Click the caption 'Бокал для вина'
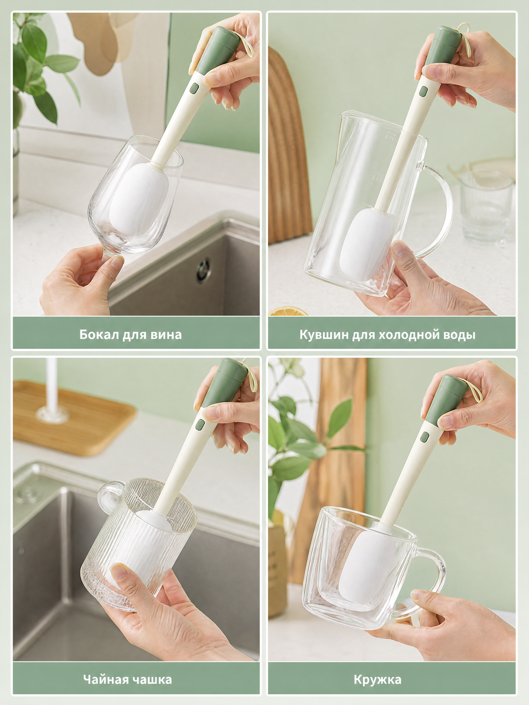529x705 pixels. point(131,335)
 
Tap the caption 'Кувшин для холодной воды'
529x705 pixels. point(387,335)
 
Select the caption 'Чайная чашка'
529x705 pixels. point(127,680)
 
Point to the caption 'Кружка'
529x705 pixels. point(378,680)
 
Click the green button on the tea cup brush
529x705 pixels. point(200,424)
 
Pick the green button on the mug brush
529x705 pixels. point(424,437)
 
